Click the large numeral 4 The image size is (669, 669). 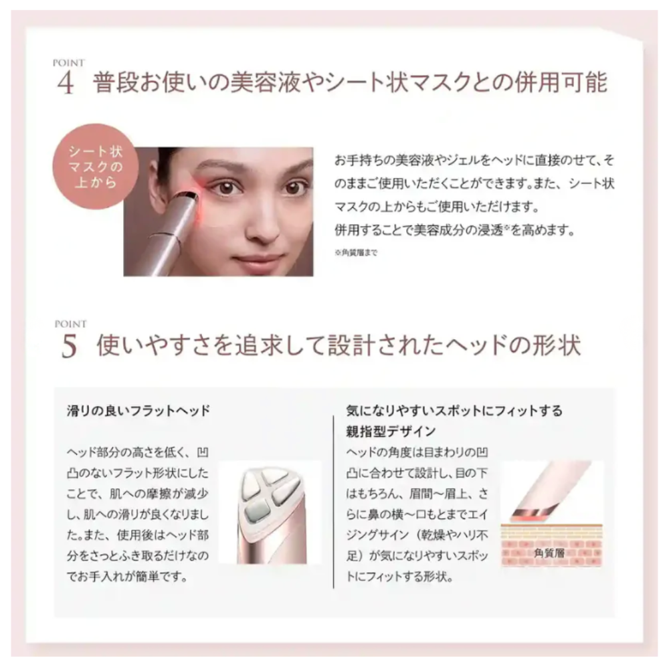[66, 83]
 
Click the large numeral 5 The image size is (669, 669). [69, 346]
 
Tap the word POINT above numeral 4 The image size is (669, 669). [69, 63]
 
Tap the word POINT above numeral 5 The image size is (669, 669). [71, 324]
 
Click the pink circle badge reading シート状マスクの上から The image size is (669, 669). [95, 167]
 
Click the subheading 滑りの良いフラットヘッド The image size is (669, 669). [138, 411]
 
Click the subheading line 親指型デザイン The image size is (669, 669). [391, 432]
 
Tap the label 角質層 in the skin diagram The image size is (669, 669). [549, 553]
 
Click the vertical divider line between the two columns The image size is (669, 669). [333, 502]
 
